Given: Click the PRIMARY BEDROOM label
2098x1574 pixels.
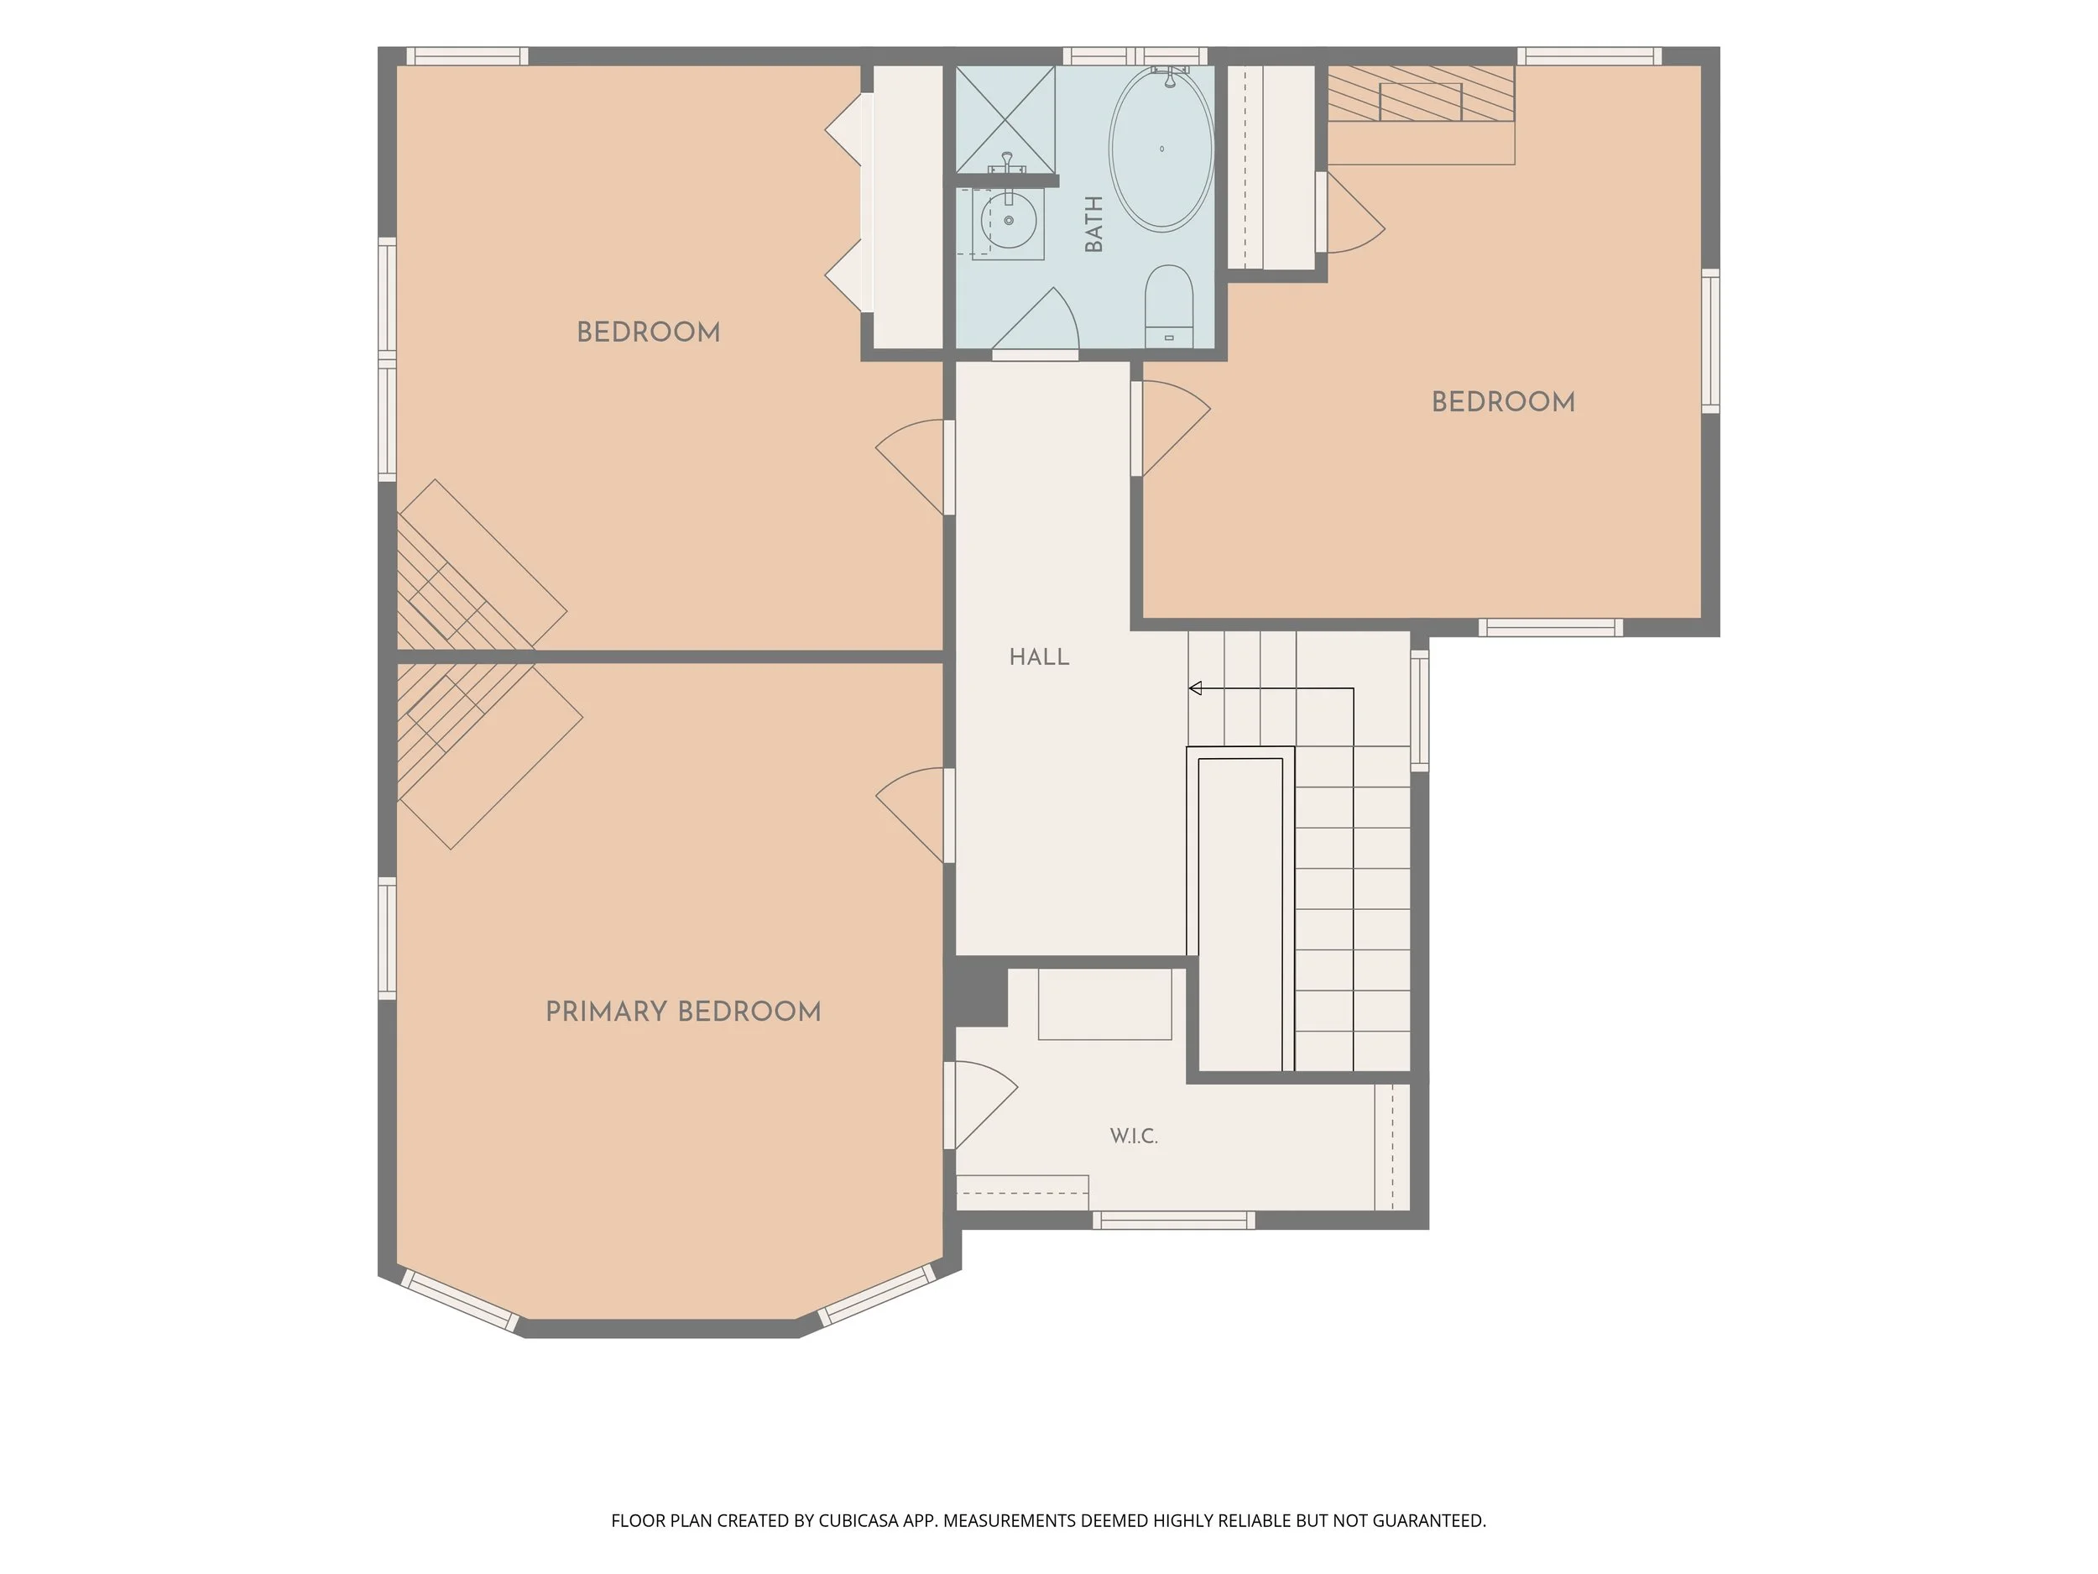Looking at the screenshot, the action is pyautogui.click(x=683, y=1012).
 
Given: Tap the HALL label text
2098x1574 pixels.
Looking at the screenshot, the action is pyautogui.click(x=1040, y=656).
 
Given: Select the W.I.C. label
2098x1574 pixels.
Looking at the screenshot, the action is pyautogui.click(x=1134, y=1136).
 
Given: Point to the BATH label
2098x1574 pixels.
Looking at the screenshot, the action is pyautogui.click(x=1093, y=224).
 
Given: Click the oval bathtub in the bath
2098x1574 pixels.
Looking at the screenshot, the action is pyautogui.click(x=1161, y=148).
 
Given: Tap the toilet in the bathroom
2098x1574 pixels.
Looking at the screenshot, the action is pyautogui.click(x=1168, y=306).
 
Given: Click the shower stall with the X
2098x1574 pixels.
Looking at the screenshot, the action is pyautogui.click(x=1005, y=118).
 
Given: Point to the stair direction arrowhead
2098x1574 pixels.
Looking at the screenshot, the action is pyautogui.click(x=1195, y=688).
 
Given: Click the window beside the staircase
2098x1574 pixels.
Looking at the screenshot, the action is pyautogui.click(x=1420, y=709).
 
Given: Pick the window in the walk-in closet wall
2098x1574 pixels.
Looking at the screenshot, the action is pyautogui.click(x=1174, y=1220).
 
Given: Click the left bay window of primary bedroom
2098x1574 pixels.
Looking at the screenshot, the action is pyautogui.click(x=460, y=1301).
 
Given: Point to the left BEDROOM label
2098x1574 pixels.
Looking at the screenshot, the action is pyautogui.click(x=649, y=332).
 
